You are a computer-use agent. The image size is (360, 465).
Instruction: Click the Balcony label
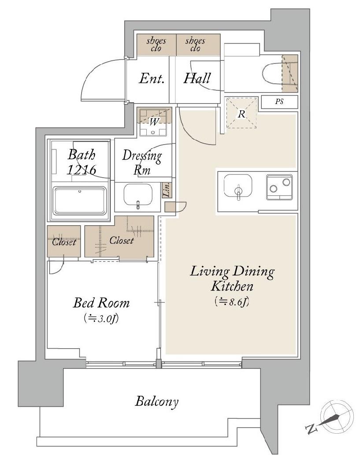click(x=156, y=402)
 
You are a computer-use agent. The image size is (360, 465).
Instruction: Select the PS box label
click(x=279, y=102)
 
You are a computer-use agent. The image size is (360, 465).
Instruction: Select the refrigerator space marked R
click(x=241, y=113)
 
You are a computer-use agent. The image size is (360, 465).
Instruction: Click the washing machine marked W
click(x=154, y=122)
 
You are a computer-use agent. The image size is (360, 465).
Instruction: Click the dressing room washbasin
click(x=138, y=195)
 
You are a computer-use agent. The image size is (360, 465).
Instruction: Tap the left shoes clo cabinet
click(x=156, y=45)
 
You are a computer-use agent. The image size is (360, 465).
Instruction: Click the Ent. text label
click(x=152, y=78)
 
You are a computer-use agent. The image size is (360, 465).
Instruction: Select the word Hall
click(x=197, y=78)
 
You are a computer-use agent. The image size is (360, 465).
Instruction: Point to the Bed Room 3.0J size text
click(x=101, y=319)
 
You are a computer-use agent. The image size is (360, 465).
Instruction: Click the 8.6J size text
click(x=232, y=301)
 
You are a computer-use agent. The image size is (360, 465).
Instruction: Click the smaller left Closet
click(x=64, y=242)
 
